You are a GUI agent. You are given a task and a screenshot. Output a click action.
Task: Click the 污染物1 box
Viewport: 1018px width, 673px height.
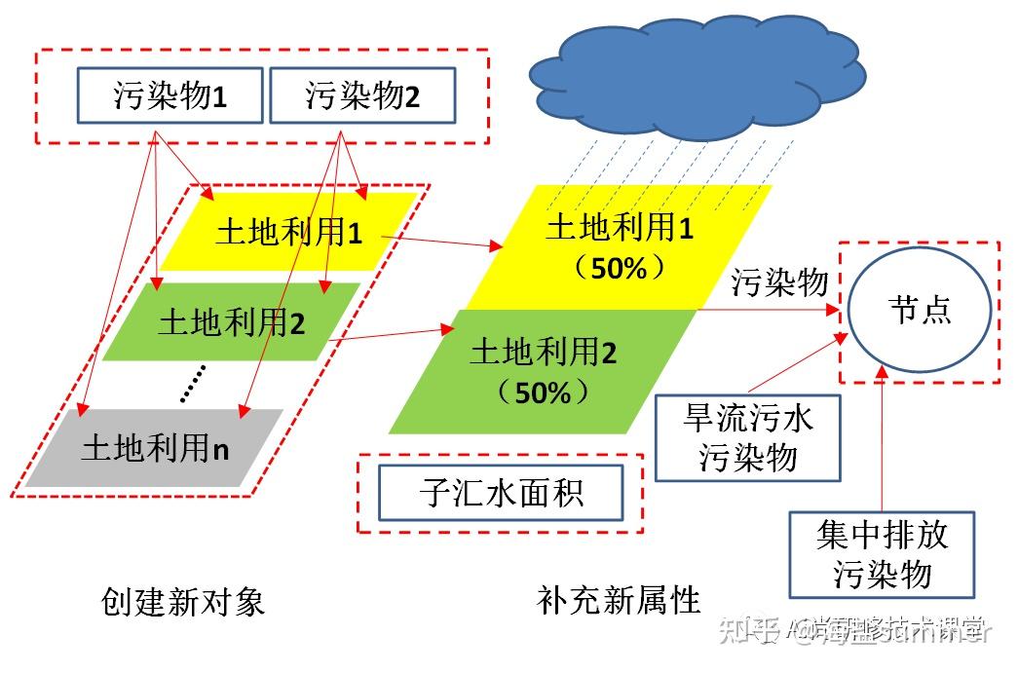click(x=170, y=95)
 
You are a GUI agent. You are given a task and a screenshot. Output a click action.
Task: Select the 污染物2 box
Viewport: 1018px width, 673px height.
click(x=362, y=95)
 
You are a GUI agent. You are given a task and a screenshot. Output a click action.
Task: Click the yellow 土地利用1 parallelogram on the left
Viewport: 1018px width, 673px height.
click(x=288, y=232)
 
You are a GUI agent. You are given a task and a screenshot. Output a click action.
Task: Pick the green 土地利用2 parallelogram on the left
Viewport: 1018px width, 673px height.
click(x=231, y=322)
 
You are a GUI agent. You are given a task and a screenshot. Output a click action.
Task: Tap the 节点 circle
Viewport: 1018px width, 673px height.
click(x=919, y=311)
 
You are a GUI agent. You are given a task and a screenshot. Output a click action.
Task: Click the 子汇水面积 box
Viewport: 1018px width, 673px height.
click(x=501, y=492)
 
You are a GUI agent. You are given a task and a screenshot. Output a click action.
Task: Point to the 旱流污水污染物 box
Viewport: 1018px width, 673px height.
click(x=747, y=437)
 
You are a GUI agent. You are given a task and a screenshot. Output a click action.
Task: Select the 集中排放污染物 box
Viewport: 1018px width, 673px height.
click(x=881, y=551)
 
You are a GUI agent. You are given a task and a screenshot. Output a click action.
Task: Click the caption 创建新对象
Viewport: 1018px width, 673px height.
click(x=182, y=601)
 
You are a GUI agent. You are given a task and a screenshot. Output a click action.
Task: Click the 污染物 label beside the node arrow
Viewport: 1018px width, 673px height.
click(x=779, y=283)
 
